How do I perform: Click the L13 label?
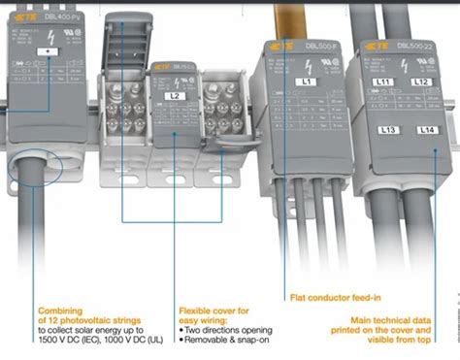click(387, 129)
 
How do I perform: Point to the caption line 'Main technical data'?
click(393, 317)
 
